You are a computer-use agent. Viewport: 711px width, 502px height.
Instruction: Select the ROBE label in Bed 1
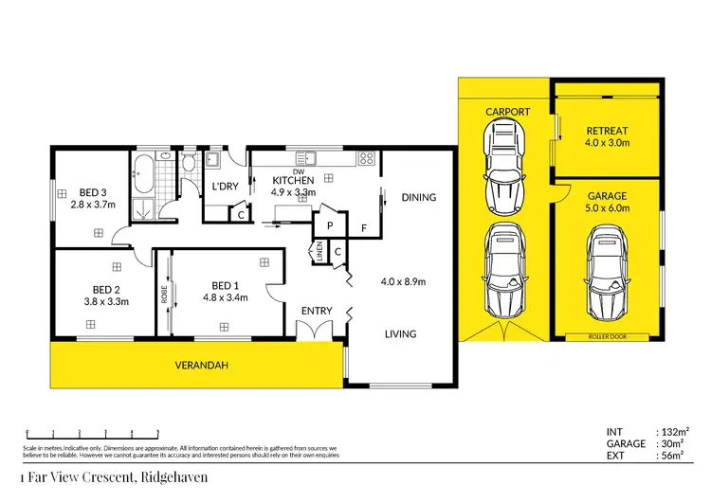tap(163, 295)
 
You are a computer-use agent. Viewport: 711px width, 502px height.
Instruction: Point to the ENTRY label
tap(316, 311)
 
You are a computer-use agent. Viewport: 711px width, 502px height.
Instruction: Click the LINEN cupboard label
tap(319, 252)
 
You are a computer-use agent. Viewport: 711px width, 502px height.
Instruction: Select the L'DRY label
tap(225, 185)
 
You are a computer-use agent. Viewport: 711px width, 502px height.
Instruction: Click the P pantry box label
tap(328, 227)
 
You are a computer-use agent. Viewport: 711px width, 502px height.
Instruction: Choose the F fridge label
tap(363, 228)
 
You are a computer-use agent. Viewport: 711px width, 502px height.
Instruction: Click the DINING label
tap(418, 198)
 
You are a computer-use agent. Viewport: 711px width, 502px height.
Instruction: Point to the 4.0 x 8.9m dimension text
tap(403, 281)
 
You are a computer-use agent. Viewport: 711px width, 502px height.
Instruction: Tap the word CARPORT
tap(508, 112)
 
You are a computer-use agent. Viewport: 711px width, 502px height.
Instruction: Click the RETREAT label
tap(606, 131)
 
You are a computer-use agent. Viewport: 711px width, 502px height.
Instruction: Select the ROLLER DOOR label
tap(607, 336)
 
